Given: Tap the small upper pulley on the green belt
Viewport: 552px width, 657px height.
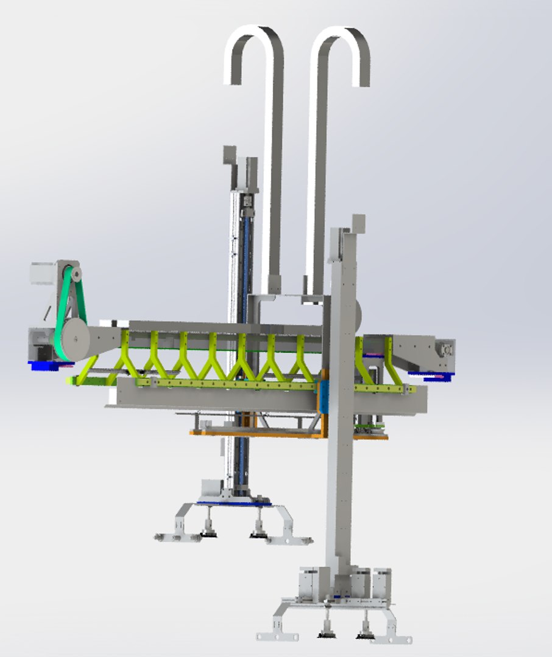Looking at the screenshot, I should click(76, 275).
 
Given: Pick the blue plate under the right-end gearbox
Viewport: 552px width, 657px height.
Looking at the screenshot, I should click(430, 376).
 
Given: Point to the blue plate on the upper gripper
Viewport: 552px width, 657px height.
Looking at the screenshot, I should click(235, 502).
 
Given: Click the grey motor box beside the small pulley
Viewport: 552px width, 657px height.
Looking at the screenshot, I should click(43, 274).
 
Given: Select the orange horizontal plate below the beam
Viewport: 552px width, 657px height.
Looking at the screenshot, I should click(256, 433).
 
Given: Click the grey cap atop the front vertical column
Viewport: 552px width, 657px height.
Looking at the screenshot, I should click(358, 223).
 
